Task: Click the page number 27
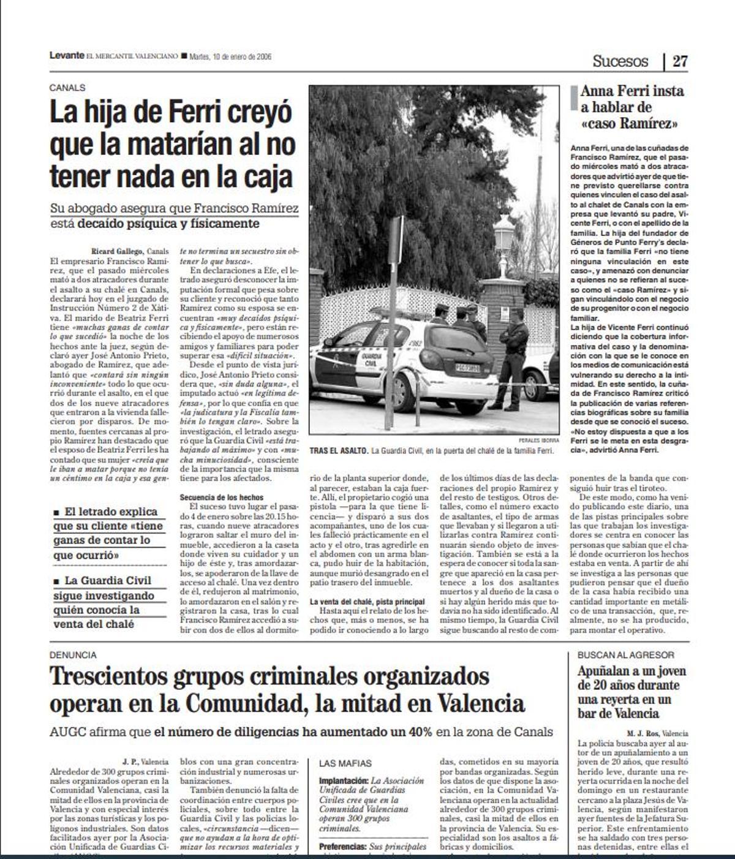point(680,61)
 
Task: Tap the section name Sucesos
point(620,61)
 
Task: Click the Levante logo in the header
point(67,56)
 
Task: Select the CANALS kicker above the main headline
point(67,88)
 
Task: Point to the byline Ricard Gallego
point(118,251)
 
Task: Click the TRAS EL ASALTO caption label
point(339,451)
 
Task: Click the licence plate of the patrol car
point(467,368)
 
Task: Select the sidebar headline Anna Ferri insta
point(632,91)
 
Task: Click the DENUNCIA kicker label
point(73,655)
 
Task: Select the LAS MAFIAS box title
point(345,763)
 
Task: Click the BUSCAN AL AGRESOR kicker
point(626,655)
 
